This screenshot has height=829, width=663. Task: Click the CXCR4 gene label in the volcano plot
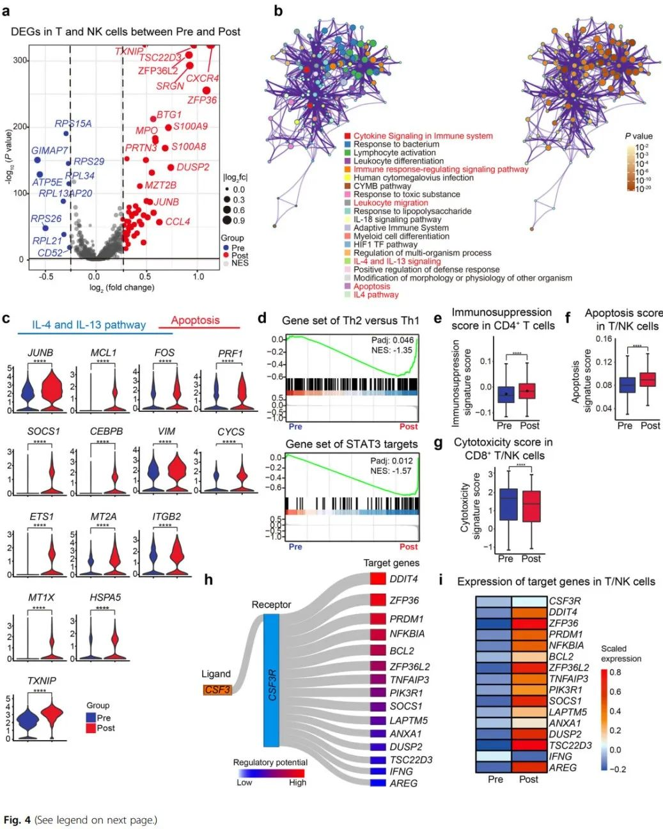[x=202, y=78]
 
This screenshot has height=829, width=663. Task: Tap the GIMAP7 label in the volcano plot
[x=49, y=151]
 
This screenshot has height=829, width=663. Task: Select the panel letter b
[x=277, y=10]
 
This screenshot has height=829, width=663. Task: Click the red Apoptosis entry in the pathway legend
[x=371, y=287]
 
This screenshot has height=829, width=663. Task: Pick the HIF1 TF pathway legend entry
[x=385, y=244]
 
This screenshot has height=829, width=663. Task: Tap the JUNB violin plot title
[x=40, y=352]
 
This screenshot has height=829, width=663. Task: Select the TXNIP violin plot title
[x=42, y=681]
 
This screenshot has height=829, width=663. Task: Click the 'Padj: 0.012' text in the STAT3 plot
[x=392, y=460]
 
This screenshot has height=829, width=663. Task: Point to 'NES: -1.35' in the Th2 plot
[x=391, y=351]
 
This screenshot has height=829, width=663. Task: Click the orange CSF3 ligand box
[x=217, y=690]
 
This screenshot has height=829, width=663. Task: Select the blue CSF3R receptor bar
[x=271, y=680]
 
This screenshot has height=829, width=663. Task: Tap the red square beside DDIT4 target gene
[x=377, y=579]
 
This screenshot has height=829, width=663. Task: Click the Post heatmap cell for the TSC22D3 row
[x=529, y=745]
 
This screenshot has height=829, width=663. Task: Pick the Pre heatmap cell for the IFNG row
[x=494, y=756]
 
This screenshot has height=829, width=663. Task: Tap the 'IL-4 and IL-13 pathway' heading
[x=89, y=325]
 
